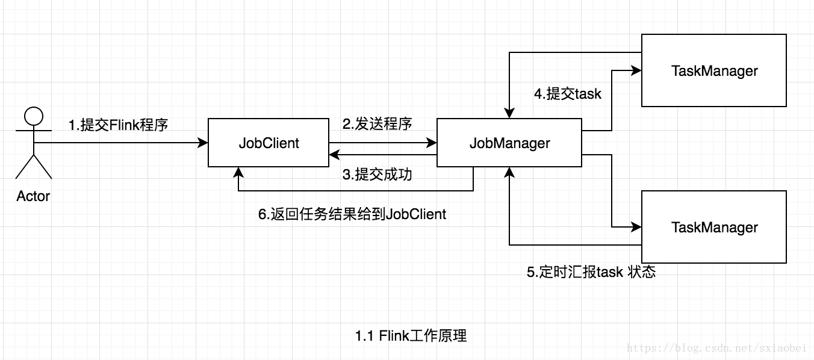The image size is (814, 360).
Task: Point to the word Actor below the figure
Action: (33, 196)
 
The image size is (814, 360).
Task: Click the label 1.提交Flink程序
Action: (118, 125)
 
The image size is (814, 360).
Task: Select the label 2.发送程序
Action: (377, 124)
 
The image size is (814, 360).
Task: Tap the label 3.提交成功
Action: (377, 175)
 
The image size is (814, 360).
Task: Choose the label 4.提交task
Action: (568, 94)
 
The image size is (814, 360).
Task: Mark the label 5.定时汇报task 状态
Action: (591, 272)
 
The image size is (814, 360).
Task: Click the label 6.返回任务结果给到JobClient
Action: (352, 214)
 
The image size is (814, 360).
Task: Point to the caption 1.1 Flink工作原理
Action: (411, 336)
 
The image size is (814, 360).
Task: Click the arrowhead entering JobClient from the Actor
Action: (203, 143)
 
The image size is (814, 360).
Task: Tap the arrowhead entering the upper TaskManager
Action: (636, 70)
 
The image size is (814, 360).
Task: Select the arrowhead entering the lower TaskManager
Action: (636, 227)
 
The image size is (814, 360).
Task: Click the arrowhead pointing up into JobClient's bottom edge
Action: (238, 173)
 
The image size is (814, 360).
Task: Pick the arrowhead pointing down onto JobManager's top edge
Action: (509, 113)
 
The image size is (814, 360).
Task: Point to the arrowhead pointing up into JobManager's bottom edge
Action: (509, 173)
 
